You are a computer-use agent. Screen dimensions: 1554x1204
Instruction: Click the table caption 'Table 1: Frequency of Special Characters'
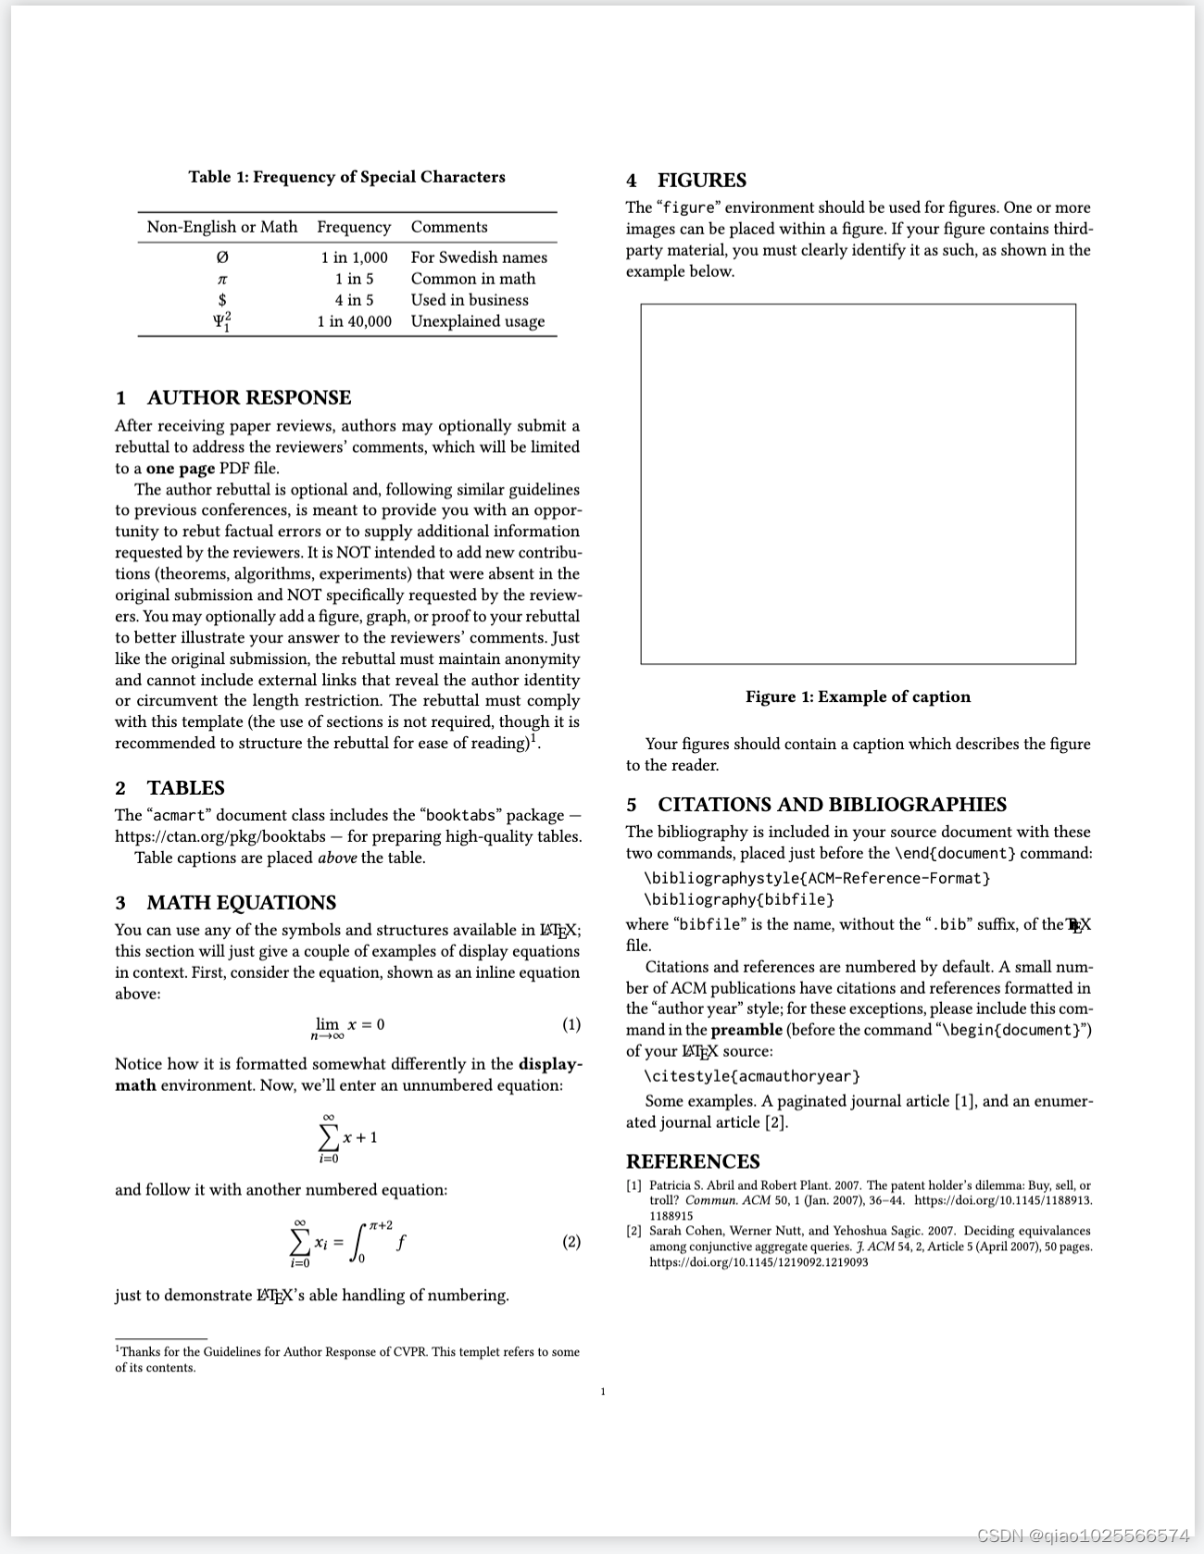click(x=346, y=177)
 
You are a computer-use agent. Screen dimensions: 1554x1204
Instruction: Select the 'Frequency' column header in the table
click(x=354, y=227)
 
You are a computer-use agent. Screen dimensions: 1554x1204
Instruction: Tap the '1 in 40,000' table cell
click(x=354, y=321)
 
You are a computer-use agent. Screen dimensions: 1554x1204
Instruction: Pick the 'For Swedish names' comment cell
click(x=479, y=257)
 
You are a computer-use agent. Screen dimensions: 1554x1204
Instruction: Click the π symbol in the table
click(x=222, y=279)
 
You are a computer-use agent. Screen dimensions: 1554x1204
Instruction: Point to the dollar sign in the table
click(x=222, y=300)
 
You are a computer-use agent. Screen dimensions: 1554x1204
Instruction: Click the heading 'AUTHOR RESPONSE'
click(x=248, y=397)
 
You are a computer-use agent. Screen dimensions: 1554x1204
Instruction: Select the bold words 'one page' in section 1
click(x=181, y=469)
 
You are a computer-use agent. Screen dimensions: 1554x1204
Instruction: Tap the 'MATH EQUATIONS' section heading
click(x=241, y=903)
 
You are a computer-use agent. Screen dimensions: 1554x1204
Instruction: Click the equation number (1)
click(x=571, y=1024)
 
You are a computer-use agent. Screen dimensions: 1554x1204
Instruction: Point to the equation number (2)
click(x=571, y=1242)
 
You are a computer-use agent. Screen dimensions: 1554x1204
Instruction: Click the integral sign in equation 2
click(x=357, y=1243)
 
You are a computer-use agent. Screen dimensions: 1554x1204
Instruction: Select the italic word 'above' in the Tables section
click(x=337, y=858)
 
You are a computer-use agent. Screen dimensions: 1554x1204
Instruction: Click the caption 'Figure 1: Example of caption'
click(x=858, y=696)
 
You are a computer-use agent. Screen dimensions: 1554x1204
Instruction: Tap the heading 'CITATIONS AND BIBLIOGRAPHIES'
click(x=832, y=805)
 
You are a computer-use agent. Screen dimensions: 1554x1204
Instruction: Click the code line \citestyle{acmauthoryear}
click(x=752, y=1076)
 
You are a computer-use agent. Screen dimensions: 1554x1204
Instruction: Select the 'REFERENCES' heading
click(x=693, y=1162)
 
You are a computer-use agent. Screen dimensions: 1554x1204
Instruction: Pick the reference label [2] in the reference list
click(x=634, y=1231)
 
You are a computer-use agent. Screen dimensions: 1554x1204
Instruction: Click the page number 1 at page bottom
click(x=603, y=1391)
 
